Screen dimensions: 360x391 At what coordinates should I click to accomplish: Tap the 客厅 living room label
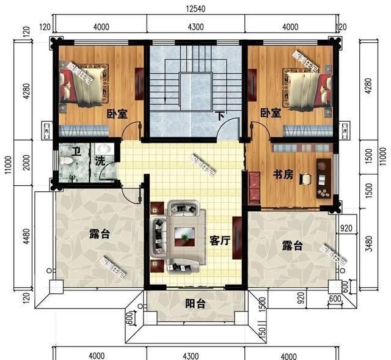tap(219, 241)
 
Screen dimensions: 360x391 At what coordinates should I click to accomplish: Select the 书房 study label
tap(283, 175)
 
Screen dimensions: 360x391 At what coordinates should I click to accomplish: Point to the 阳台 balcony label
tap(195, 303)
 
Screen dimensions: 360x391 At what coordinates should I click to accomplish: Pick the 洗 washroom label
tap(100, 162)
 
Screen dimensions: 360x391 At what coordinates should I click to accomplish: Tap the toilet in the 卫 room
tap(67, 160)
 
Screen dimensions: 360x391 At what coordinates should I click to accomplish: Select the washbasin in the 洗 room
tap(104, 149)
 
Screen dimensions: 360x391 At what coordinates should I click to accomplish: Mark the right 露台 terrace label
tap(292, 246)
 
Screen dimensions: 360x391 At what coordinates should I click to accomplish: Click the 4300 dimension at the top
tap(195, 27)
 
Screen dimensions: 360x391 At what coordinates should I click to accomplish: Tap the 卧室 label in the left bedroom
tap(117, 114)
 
